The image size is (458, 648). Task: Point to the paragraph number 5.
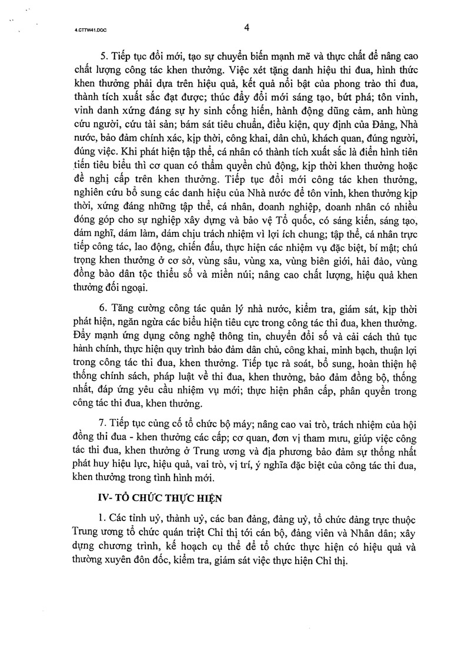pyautogui.click(x=101, y=56)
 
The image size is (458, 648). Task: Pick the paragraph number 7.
pyautogui.click(x=101, y=426)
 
